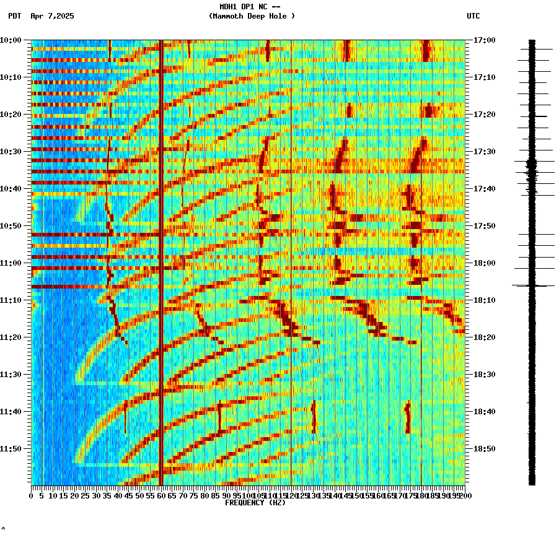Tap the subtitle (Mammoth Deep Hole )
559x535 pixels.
252,16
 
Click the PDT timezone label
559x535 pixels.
14,16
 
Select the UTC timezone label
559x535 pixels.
473,16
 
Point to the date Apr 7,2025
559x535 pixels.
52,16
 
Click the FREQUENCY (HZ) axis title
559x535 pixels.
255,503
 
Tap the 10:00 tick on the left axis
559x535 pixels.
11,40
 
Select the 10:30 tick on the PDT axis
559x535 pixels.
11,152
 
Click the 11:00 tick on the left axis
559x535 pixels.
11,263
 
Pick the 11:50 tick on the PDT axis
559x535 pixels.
11,449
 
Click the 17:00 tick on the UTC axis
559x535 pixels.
485,40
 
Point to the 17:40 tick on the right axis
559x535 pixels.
485,189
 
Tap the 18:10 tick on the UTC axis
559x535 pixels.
485,300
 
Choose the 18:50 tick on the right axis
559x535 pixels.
485,449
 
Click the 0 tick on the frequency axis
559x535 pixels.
32,496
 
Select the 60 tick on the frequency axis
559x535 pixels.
161,496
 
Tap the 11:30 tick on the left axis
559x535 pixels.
11,375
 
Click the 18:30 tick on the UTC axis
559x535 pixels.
485,375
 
